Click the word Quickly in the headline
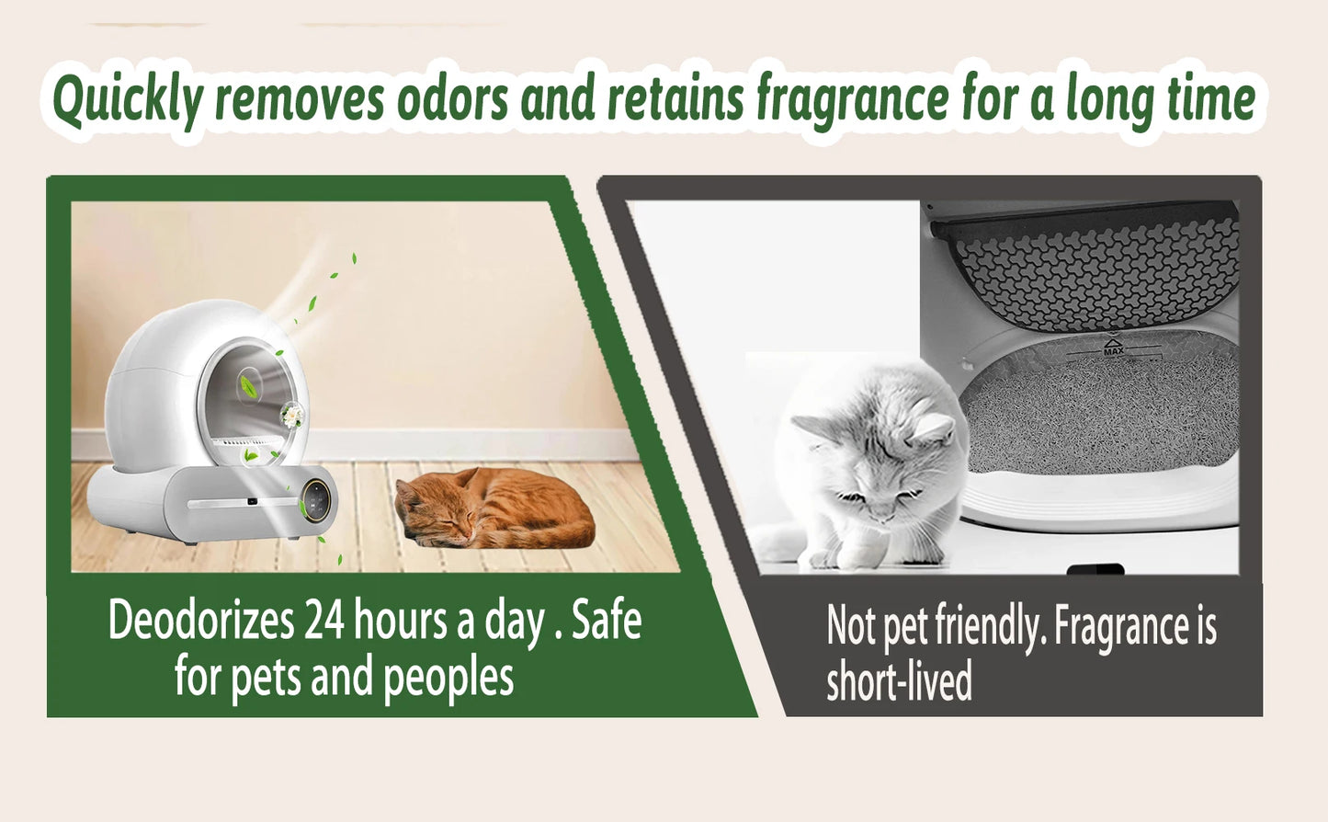pos(127,101)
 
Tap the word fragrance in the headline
pos(852,99)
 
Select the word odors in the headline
pos(451,99)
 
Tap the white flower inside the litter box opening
pos(292,416)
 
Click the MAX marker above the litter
pos(1113,348)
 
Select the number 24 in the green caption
pos(323,621)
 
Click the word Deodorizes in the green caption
pos(200,621)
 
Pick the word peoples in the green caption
pos(448,678)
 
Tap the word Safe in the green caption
pos(607,621)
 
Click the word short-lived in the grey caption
pos(898,682)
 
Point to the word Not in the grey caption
pos(851,627)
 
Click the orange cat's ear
pos(470,477)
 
